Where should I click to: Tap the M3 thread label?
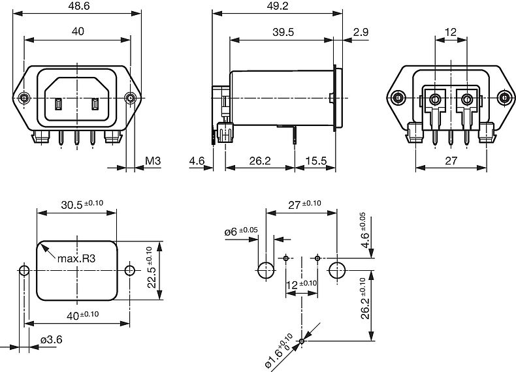(x=152, y=161)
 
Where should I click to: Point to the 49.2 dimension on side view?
(x=278, y=5)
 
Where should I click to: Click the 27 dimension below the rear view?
(x=450, y=161)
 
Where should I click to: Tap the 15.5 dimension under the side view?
(x=315, y=161)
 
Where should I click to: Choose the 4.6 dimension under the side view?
(x=197, y=161)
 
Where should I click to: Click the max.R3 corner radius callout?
(x=76, y=258)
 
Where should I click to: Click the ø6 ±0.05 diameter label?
(x=241, y=232)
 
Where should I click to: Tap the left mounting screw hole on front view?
(x=24, y=98)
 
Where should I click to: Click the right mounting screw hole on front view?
(x=131, y=98)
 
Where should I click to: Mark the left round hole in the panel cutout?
(x=24, y=270)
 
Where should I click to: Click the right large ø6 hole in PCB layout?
(x=336, y=270)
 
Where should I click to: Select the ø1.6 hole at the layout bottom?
(x=302, y=341)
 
